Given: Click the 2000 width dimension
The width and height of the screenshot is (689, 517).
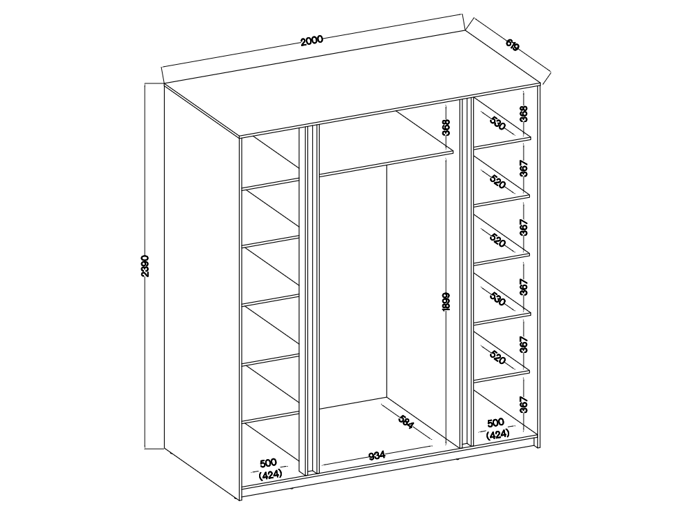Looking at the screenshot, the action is coord(311,41).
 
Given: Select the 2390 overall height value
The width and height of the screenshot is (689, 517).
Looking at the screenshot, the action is coord(146,266).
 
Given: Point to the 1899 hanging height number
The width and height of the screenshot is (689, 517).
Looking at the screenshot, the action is coord(446,302).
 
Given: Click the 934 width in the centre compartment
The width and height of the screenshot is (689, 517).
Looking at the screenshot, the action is coord(376,456).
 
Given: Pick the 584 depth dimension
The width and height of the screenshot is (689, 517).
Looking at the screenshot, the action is coord(406,422).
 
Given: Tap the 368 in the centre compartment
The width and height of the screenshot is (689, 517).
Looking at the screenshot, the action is coord(446,128).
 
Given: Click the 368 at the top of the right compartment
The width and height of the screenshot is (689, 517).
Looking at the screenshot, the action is coord(523,114).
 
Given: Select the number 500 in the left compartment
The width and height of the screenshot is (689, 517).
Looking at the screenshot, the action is coord(269,463).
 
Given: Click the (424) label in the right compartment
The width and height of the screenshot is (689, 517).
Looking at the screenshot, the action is coord(497,434).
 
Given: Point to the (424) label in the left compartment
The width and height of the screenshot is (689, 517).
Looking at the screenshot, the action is coord(270,475).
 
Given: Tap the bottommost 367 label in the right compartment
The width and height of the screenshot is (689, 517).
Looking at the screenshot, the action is coord(523,405).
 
